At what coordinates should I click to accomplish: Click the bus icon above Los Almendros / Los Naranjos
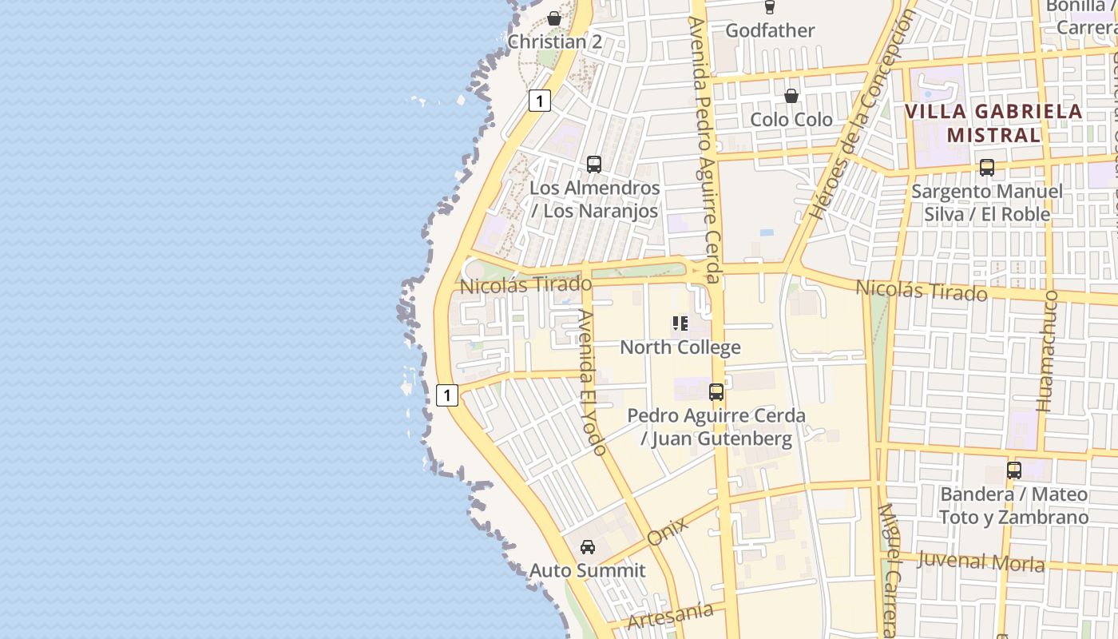tap(593, 165)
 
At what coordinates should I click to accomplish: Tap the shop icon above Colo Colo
tap(791, 96)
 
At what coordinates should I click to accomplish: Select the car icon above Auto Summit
tap(588, 547)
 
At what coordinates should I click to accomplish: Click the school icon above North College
tap(680, 323)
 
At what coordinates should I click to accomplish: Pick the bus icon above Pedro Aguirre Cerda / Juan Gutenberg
tap(716, 392)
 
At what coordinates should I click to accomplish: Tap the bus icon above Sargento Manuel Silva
tap(987, 168)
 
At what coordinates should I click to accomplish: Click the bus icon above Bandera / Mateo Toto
tap(1014, 470)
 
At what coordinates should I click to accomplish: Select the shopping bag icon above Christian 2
tap(554, 18)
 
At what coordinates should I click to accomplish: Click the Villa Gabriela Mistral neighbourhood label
tap(994, 123)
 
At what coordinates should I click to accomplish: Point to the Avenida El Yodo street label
tap(592, 382)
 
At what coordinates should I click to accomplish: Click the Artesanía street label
tap(670, 615)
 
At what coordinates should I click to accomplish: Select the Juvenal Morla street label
tap(981, 562)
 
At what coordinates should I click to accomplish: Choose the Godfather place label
tap(770, 30)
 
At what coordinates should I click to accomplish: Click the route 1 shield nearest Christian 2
tap(540, 101)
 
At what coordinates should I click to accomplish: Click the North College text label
tap(680, 347)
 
